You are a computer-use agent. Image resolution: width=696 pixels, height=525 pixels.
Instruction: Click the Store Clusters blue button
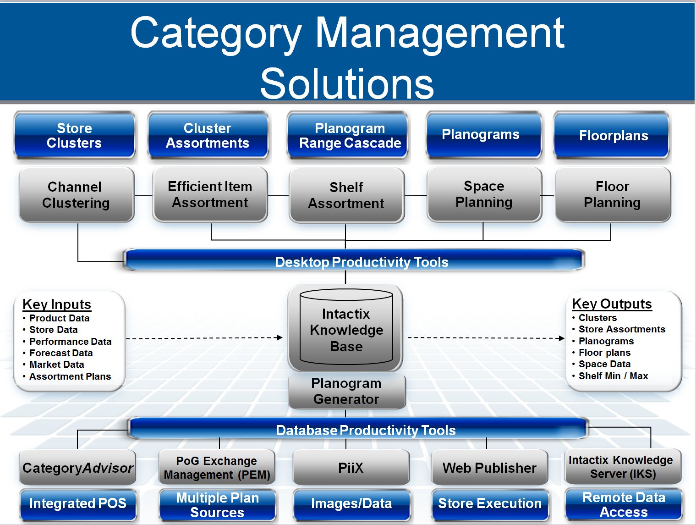74,136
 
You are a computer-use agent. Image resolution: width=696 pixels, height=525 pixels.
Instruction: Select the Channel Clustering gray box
76,195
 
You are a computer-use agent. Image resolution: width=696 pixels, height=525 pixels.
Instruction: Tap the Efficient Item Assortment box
210,195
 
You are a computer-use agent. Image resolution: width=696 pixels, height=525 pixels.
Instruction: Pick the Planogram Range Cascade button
350,136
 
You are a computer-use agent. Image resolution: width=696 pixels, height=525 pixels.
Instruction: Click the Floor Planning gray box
612,195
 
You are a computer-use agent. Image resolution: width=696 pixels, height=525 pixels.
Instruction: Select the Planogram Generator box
346,391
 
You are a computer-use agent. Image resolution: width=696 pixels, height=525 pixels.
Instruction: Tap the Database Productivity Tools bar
357,430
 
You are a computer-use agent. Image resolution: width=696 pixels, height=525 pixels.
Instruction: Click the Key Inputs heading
57,304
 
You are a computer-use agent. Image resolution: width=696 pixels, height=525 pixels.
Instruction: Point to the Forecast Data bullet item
61,353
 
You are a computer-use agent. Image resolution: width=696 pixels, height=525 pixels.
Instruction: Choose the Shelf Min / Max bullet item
613,376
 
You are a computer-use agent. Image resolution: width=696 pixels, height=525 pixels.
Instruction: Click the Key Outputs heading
612,304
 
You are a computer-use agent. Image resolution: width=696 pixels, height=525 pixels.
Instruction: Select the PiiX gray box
351,468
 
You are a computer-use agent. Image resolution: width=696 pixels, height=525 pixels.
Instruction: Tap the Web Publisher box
489,468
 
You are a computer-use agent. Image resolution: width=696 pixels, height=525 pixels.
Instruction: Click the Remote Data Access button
624,504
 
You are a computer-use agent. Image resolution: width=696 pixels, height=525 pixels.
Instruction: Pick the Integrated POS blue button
77,503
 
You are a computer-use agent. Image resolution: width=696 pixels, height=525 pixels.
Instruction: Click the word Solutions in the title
347,83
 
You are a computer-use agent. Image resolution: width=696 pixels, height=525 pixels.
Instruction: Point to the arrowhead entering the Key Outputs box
562,338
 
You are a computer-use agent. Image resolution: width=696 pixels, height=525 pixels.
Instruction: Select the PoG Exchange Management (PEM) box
217,468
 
